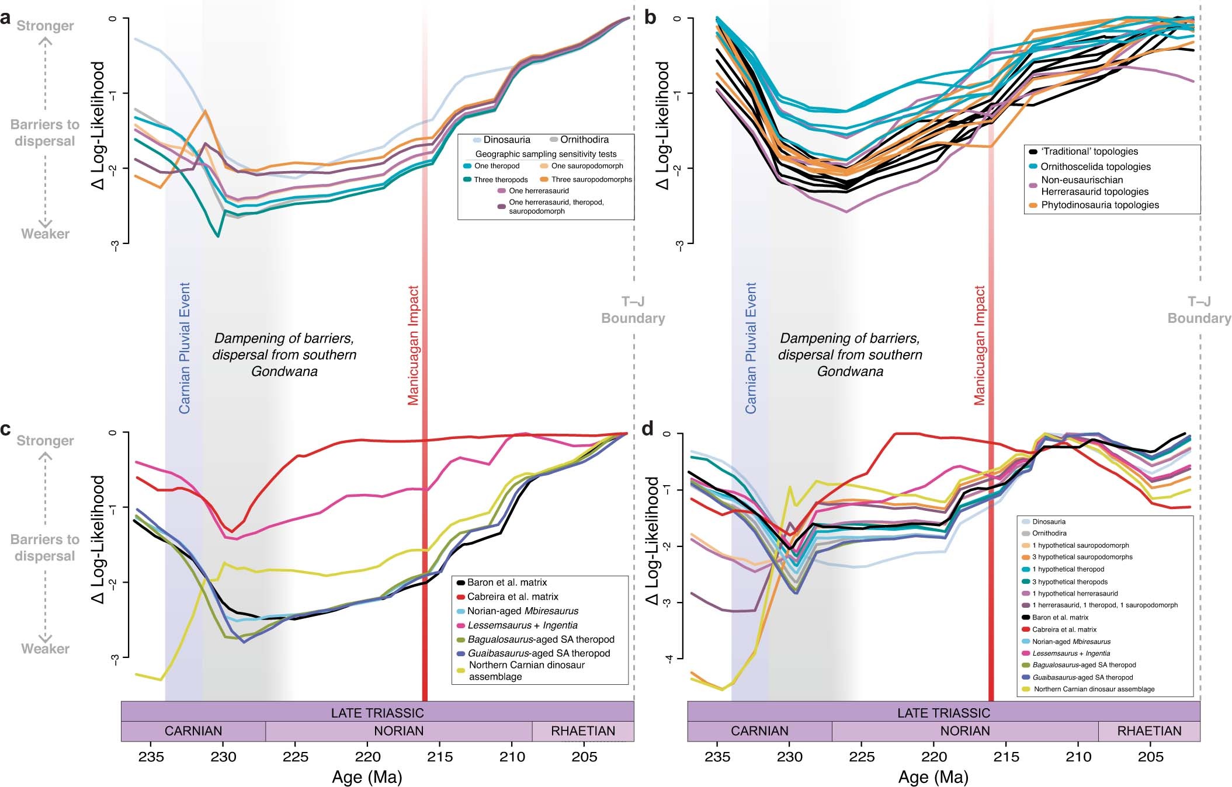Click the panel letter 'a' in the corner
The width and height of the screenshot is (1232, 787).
click(5, 19)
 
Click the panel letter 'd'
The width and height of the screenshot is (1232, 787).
click(647, 429)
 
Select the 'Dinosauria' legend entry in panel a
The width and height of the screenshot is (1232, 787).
click(506, 140)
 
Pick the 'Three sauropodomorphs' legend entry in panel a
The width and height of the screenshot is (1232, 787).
click(591, 180)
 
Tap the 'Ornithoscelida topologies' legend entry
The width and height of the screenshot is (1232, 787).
click(1095, 166)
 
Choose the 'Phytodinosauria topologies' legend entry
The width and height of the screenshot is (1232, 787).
click(1099, 205)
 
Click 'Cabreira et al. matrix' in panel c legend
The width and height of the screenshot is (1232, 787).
click(512, 597)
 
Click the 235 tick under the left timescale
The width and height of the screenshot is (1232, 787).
click(151, 757)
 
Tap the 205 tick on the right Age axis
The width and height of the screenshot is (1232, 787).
click(1150, 757)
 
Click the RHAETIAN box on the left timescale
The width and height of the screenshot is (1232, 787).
click(582, 731)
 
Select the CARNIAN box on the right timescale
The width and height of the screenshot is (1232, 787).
click(759, 731)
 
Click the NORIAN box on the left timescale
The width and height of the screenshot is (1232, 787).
click(398, 731)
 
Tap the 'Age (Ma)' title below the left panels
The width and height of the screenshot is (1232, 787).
click(367, 777)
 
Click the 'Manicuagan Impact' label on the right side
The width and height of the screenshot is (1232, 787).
click(980, 344)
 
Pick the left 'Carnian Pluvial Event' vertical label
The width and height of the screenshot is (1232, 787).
click(185, 348)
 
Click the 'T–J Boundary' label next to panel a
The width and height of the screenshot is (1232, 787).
click(633, 310)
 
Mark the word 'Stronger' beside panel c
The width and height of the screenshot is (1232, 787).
click(45, 441)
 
